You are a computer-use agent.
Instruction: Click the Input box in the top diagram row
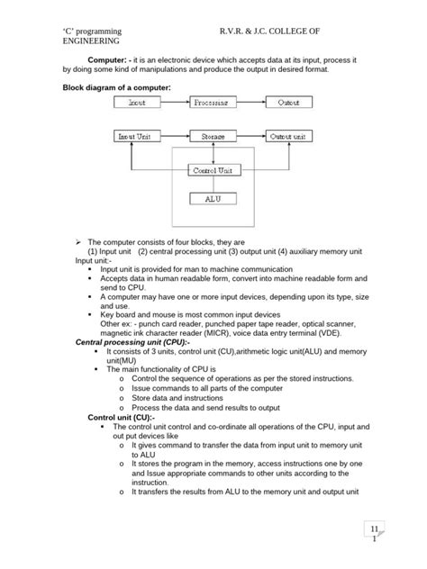coord(137,104)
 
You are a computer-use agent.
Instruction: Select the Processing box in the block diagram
coord(213,104)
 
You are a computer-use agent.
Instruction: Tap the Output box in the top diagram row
coord(288,104)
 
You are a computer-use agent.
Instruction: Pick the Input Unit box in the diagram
coord(137,137)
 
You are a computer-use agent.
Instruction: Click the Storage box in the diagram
coord(213,137)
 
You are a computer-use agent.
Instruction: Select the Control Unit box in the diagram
coord(213,169)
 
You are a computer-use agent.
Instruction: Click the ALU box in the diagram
coord(213,199)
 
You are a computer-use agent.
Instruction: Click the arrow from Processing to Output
coord(251,104)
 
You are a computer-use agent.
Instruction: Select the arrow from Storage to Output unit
coord(251,137)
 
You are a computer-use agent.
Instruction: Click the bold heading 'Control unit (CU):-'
coord(122,419)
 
